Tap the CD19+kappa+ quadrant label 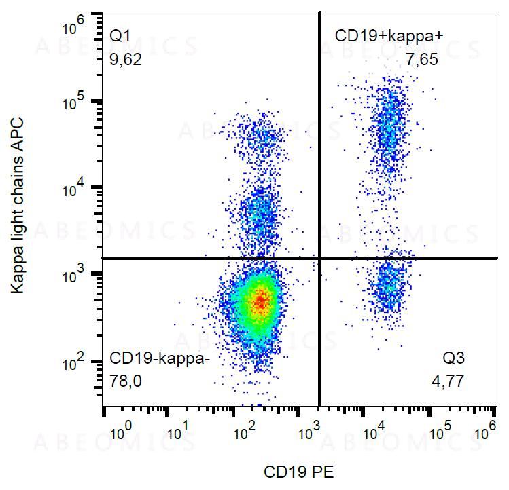pyautogui.click(x=389, y=35)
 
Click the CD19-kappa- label pyautogui.click(x=160, y=359)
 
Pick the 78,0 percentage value pyautogui.click(x=126, y=382)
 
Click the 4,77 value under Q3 pyautogui.click(x=449, y=382)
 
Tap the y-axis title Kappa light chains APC pyautogui.click(x=18, y=206)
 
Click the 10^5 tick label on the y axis pyautogui.click(x=73, y=103)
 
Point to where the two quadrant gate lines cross pyautogui.click(x=319, y=258)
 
